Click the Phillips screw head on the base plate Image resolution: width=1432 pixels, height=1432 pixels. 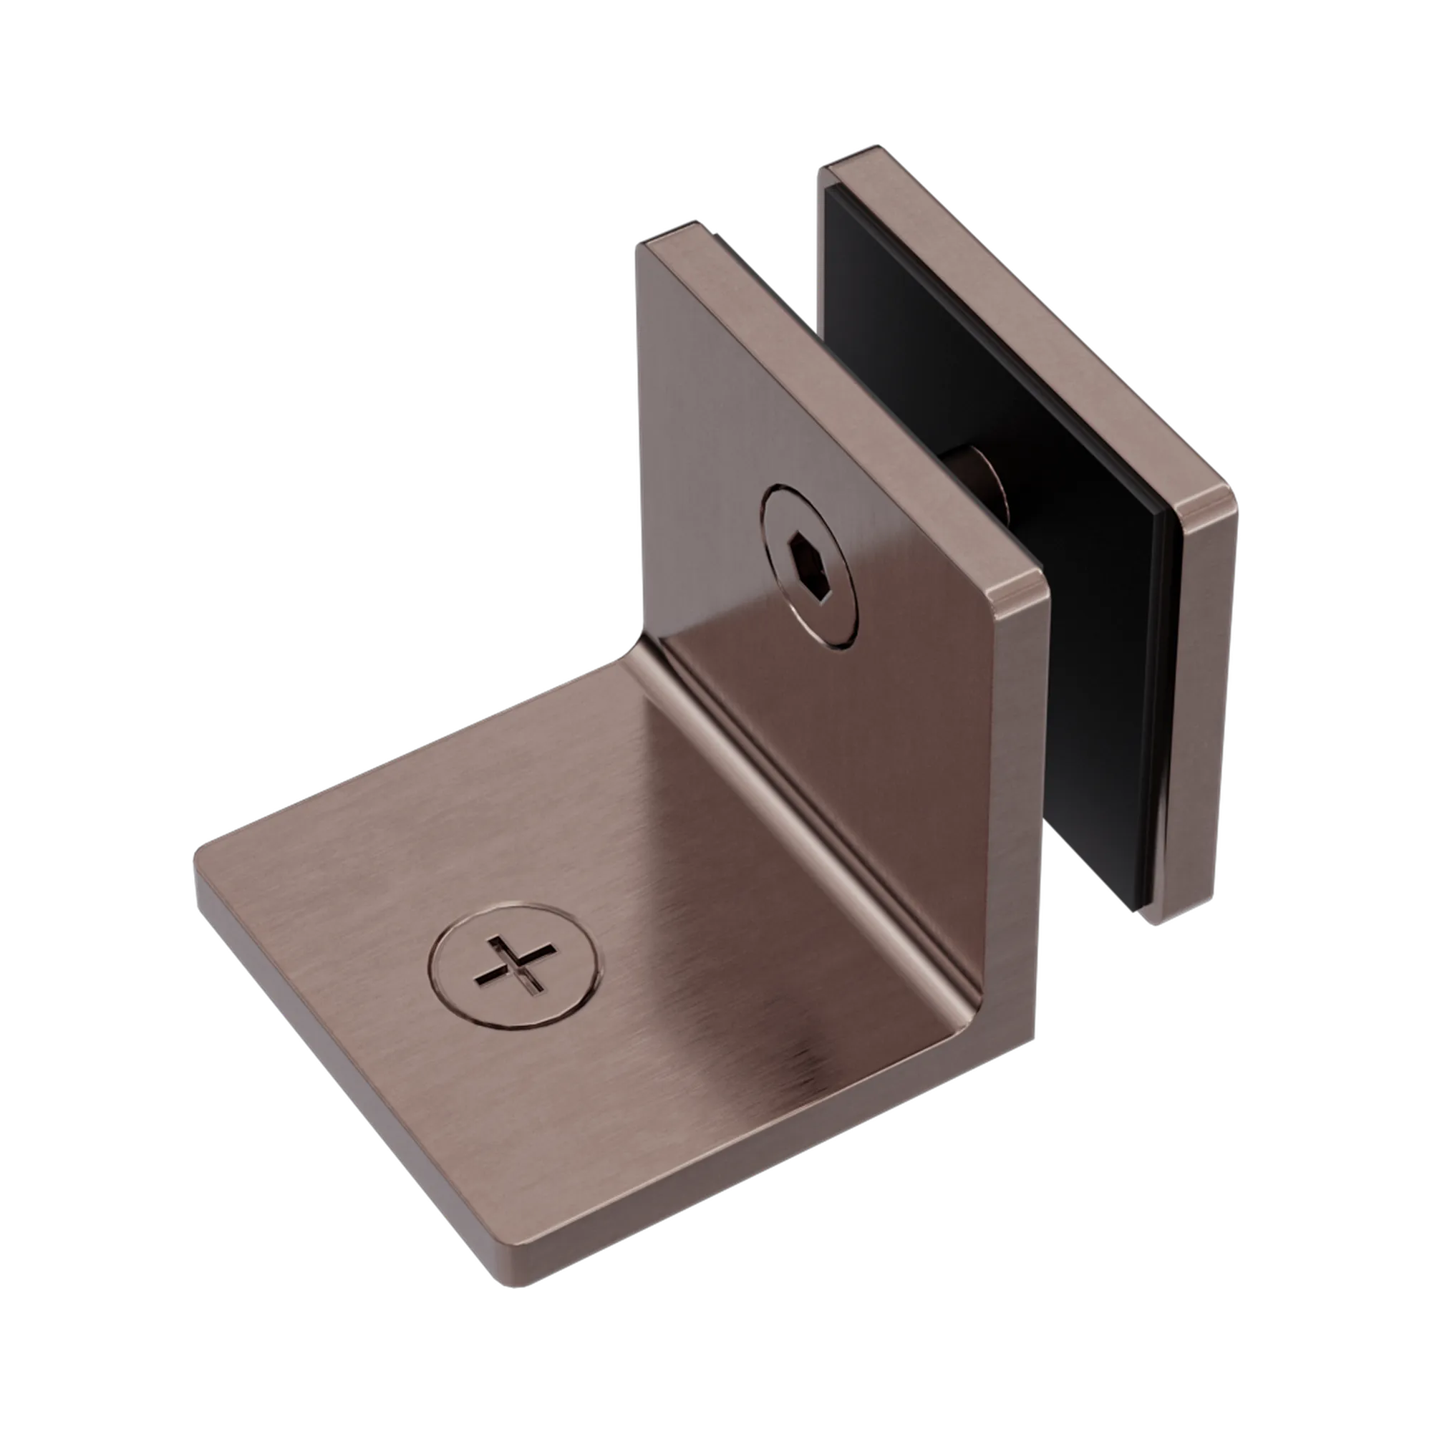tap(514, 964)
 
